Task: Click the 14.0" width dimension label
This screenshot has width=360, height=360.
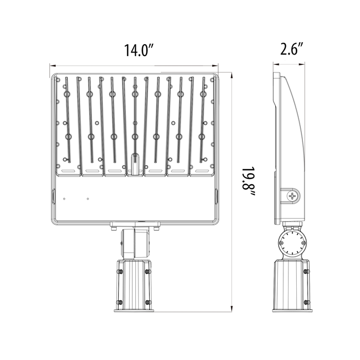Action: [139, 50]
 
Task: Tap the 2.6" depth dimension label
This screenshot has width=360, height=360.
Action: [292, 49]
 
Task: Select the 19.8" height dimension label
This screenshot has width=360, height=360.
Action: [248, 182]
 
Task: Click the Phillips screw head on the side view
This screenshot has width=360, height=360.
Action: [292, 196]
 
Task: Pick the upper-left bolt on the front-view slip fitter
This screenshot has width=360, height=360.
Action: [120, 272]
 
